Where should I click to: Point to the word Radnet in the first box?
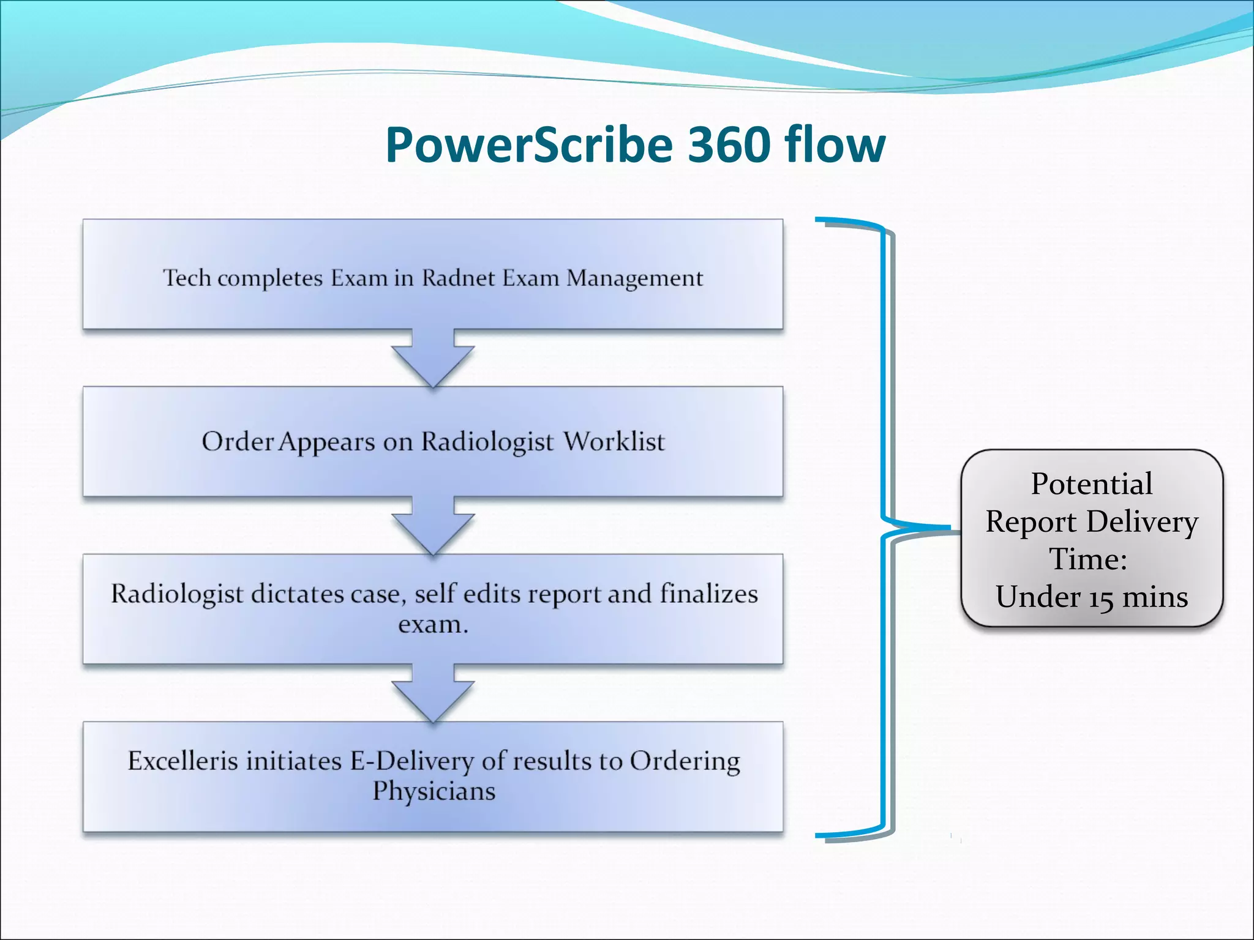click(x=459, y=278)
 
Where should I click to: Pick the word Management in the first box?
click(x=634, y=279)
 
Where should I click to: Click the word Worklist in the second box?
click(x=614, y=441)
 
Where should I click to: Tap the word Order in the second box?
click(x=238, y=441)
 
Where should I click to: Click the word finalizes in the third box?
click(x=708, y=594)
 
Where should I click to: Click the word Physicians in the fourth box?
click(x=434, y=791)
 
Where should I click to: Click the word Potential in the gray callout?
click(x=1092, y=484)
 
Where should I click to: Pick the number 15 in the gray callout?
click(x=1101, y=598)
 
